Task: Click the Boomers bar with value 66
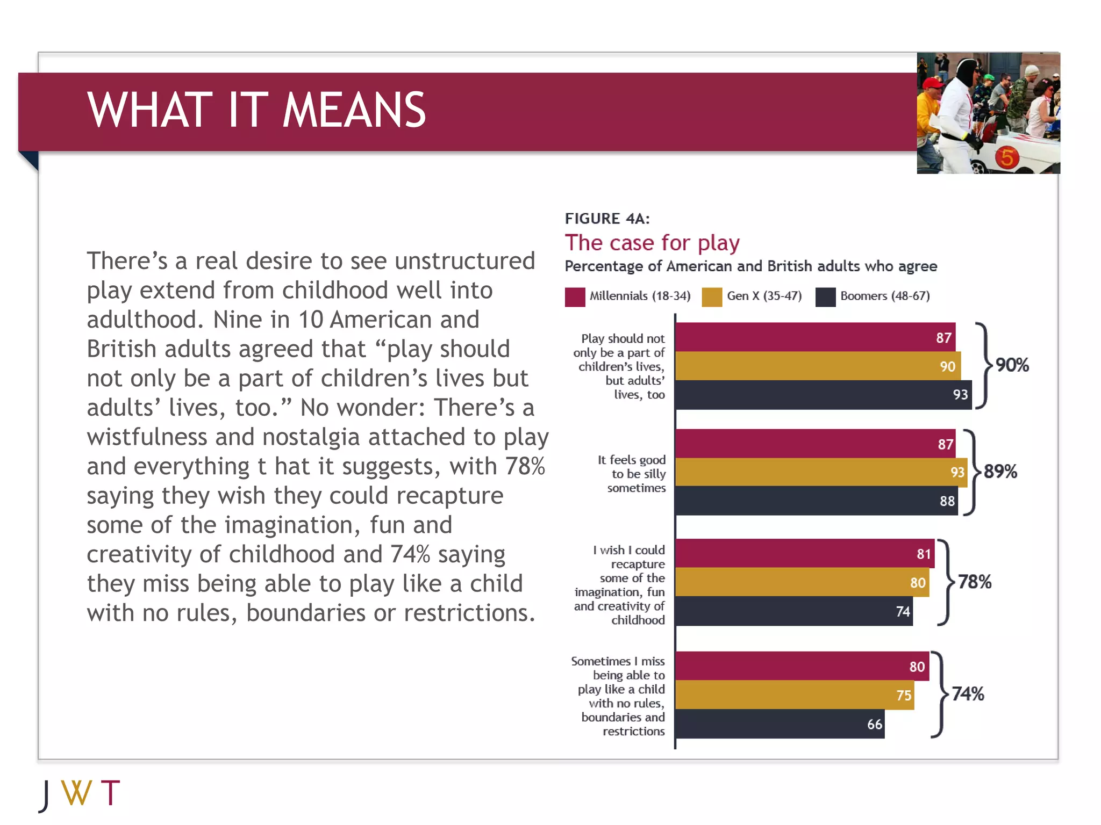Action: [x=780, y=724]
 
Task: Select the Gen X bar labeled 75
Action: [x=794, y=695]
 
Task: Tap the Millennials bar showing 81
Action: [x=804, y=554]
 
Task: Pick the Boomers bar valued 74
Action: [x=793, y=611]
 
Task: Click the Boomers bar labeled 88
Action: [x=816, y=501]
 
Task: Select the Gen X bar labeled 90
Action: [x=818, y=366]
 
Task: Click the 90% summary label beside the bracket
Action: [x=1012, y=365]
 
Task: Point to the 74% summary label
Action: [x=968, y=694]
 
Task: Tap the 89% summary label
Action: [x=1000, y=472]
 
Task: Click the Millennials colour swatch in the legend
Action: [x=575, y=297]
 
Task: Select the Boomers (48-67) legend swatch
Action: [x=825, y=297]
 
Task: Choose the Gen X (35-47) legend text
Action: [x=764, y=296]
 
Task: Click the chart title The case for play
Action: [x=652, y=243]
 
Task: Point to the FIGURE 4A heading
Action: [x=607, y=219]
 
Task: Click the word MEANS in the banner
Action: [x=354, y=111]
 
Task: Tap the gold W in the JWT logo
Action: [x=76, y=793]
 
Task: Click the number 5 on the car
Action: [x=1006, y=157]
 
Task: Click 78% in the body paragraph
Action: [x=525, y=466]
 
